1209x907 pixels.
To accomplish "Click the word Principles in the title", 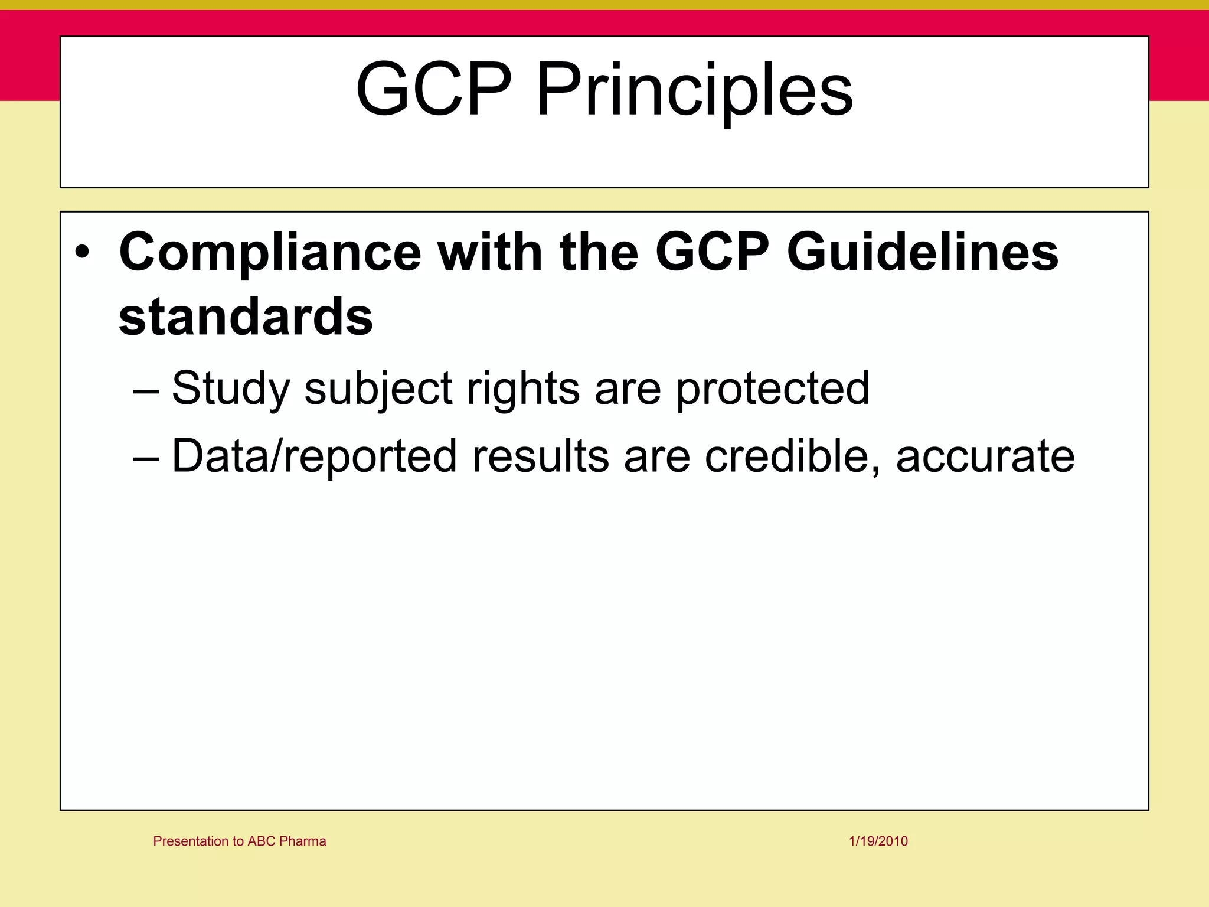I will (x=694, y=90).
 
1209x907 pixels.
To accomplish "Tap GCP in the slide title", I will (x=434, y=89).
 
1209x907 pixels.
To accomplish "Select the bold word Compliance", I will (x=270, y=252).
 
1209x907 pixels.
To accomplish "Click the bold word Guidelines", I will (x=922, y=252).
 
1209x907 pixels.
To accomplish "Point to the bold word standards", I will (x=246, y=317).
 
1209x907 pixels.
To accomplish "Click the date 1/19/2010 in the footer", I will (x=878, y=841).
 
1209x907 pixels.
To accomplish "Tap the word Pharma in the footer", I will (x=303, y=841).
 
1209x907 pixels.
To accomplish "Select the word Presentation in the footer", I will (x=191, y=841).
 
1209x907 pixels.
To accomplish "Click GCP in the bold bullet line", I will (x=712, y=252).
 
